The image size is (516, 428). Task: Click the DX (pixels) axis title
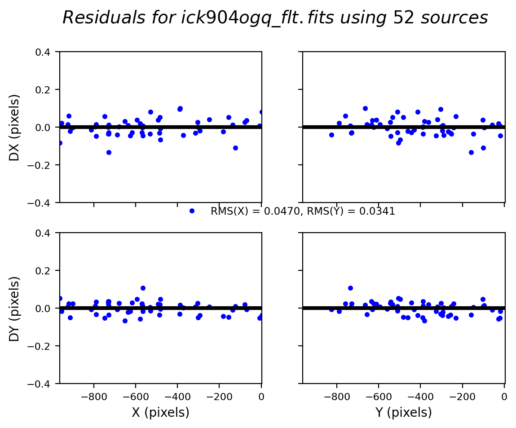(15, 127)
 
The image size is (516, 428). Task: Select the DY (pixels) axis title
(15, 309)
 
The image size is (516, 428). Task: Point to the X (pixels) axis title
(160, 412)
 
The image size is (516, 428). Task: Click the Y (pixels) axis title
(404, 412)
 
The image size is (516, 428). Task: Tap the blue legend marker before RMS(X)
(192, 211)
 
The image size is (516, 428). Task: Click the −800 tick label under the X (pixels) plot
(93, 397)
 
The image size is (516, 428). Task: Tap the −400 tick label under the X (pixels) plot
(177, 397)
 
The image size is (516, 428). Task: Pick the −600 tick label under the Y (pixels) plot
(378, 397)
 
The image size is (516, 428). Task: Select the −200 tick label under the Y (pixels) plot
(462, 397)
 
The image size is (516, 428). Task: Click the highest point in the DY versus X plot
(143, 288)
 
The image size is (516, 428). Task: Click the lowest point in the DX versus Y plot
(471, 152)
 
